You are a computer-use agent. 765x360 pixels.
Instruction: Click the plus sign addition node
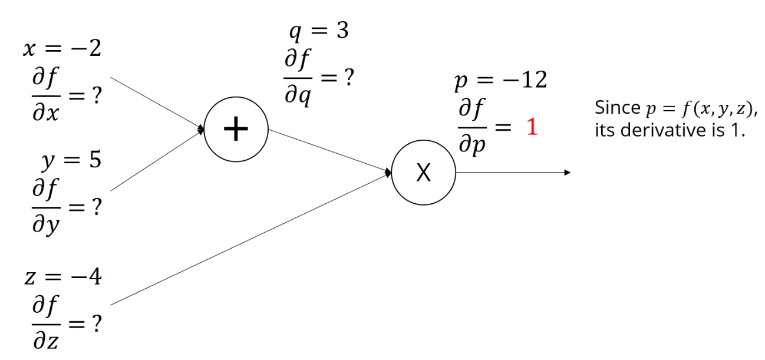coord(236,128)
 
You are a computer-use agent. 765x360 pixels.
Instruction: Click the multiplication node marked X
coord(423,173)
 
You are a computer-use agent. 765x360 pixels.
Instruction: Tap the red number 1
coord(532,128)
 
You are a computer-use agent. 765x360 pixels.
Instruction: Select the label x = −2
coord(62,49)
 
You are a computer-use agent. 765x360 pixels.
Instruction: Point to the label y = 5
coord(71,160)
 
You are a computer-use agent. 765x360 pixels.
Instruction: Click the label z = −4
coord(62,276)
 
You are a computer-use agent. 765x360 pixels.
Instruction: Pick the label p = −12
coord(500,81)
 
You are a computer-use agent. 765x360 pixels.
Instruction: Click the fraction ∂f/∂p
coord(471,126)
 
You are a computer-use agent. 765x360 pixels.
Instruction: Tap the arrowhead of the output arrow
coord(568,173)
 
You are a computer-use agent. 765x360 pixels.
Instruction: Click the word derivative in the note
coord(663,130)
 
